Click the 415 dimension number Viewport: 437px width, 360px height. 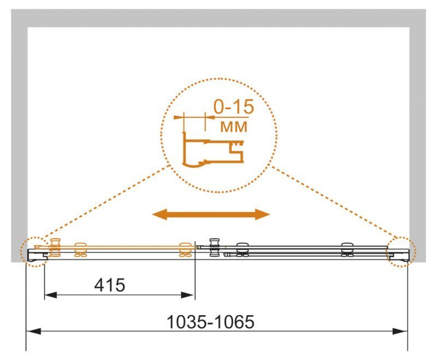click(110, 285)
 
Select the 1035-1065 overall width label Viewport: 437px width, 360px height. click(210, 322)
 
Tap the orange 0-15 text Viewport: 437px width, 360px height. click(234, 107)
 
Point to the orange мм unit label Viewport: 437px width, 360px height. click(234, 127)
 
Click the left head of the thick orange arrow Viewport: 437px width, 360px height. click(160, 214)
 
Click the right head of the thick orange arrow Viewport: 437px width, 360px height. click(263, 214)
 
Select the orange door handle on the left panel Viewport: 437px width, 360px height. click(55, 247)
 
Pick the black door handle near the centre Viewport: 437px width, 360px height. click(215, 247)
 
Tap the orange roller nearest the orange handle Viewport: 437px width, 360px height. click(80, 250)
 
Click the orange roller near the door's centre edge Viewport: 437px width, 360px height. click(185, 250)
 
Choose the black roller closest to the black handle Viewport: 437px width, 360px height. click(243, 250)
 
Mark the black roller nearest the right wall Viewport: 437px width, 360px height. click(347, 250)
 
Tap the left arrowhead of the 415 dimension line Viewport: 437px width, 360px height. click(51, 295)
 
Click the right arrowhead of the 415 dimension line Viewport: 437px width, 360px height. click(187, 295)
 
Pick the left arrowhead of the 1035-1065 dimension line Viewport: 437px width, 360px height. click(33, 331)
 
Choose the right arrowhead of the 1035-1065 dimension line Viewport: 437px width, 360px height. click(400, 331)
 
